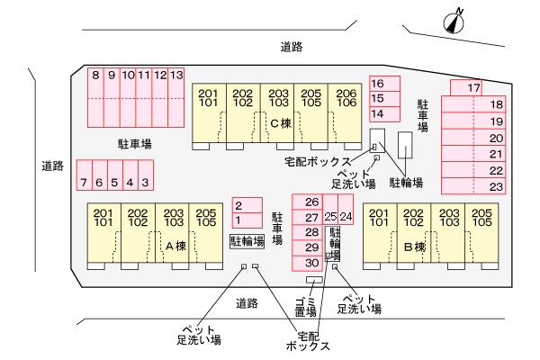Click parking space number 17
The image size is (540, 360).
474,87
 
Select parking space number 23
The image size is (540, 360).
496,186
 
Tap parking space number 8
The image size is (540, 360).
95,76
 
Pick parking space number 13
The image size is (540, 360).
176,76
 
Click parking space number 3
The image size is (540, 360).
144,183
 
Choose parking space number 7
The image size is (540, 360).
84,183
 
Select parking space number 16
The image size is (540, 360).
378,83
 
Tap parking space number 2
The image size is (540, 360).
238,205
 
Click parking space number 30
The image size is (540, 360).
311,263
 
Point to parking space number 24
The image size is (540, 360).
346,217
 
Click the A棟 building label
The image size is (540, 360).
175,245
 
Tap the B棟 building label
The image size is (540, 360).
413,245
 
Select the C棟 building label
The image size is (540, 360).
280,123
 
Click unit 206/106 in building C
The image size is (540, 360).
346,98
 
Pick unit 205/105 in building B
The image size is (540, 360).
481,216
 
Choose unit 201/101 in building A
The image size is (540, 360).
103,216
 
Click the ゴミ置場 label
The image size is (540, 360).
305,306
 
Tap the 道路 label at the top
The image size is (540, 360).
291,46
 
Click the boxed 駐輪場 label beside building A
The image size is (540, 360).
247,241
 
